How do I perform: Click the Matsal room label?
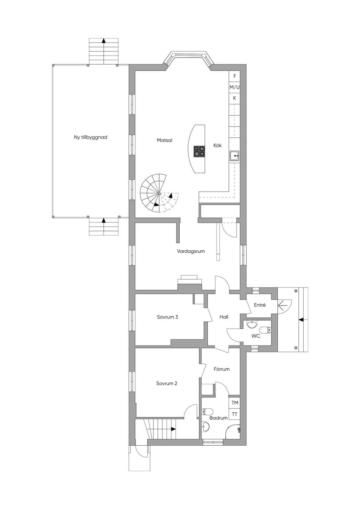click(x=164, y=140)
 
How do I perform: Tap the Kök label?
click(x=217, y=146)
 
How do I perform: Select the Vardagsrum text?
click(x=191, y=251)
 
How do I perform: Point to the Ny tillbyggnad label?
click(x=90, y=137)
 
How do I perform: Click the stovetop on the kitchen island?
click(x=199, y=152)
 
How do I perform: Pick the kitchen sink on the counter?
click(x=234, y=156)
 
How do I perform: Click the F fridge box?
click(x=234, y=76)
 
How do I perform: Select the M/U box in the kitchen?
click(x=234, y=87)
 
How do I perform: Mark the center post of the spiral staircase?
click(x=159, y=193)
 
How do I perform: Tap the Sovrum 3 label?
click(x=167, y=317)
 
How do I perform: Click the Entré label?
click(x=260, y=305)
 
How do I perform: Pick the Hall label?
click(x=224, y=317)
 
